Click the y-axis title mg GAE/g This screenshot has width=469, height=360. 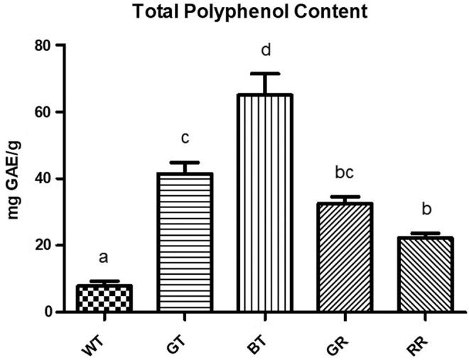[x=14, y=178]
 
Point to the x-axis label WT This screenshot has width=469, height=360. [x=93, y=337]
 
